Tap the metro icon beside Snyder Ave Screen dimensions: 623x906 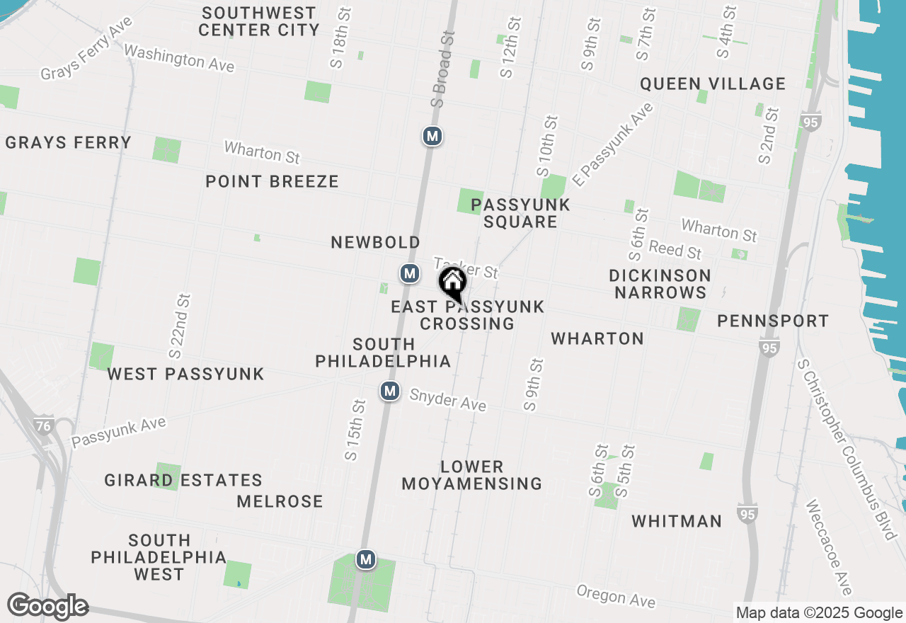click(x=389, y=391)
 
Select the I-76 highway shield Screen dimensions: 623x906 click(x=43, y=425)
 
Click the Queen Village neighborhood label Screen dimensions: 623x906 click(x=713, y=84)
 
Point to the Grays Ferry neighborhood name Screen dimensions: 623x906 click(x=68, y=142)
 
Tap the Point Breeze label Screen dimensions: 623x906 click(x=272, y=181)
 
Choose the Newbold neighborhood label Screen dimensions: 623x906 click(x=375, y=243)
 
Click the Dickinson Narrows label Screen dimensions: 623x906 click(x=660, y=284)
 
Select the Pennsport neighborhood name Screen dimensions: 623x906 click(x=772, y=321)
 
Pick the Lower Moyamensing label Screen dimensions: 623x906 click(x=472, y=475)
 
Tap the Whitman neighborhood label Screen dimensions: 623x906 click(x=677, y=522)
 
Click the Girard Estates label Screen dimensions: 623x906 click(x=183, y=481)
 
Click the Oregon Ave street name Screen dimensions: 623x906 click(x=616, y=596)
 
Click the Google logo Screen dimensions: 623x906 click(x=47, y=606)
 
